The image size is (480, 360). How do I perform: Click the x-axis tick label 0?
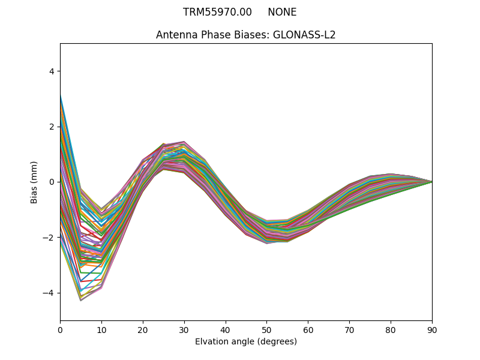pyautogui.click(x=60, y=329)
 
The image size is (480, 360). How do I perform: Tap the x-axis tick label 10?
pyautogui.click(x=101, y=329)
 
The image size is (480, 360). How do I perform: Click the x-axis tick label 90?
pyautogui.click(x=432, y=329)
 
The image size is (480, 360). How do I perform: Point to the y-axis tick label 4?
pyautogui.click(x=51, y=71)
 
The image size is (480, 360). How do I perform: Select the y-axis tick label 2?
pyautogui.click(x=51, y=127)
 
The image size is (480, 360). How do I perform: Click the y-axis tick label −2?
pyautogui.click(x=49, y=238)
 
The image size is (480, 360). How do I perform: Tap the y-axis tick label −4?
pyautogui.click(x=49, y=293)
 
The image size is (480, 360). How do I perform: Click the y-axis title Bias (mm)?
pyautogui.click(x=34, y=182)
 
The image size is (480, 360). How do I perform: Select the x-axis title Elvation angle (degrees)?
pyautogui.click(x=246, y=342)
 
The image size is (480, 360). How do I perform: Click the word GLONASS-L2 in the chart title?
pyautogui.click(x=304, y=35)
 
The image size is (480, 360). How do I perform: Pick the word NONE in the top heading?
pyautogui.click(x=282, y=12)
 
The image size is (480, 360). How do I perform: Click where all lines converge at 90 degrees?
pyautogui.click(x=431, y=182)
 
